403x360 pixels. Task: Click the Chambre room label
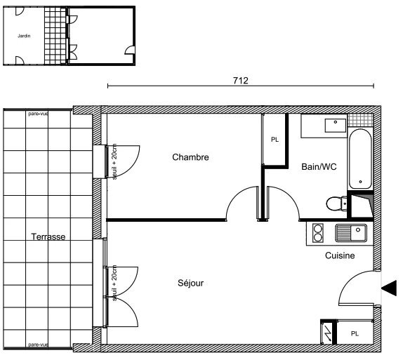pos(190,157)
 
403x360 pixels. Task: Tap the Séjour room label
pos(190,284)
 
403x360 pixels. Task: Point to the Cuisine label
pos(339,256)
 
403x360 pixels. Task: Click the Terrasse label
pos(48,237)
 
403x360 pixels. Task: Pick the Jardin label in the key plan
pos(23,33)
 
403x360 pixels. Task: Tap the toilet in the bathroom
pos(336,203)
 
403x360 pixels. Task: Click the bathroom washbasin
pos(333,126)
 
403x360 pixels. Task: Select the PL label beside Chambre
pos(275,140)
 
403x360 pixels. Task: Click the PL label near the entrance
pos(355,333)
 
